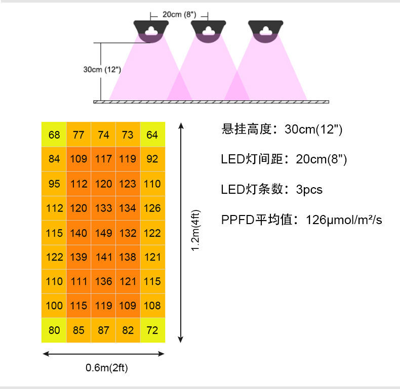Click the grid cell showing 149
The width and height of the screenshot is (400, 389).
(103, 233)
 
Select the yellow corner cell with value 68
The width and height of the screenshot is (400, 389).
(54, 135)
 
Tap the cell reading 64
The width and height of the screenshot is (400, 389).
(152, 135)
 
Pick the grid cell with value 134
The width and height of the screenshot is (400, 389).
(128, 208)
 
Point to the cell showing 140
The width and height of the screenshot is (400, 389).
(79, 233)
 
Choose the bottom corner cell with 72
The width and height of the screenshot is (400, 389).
(152, 330)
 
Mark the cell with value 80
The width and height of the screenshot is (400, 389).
(54, 330)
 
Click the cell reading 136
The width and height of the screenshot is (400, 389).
(103, 281)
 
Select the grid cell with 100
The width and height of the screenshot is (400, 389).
(54, 306)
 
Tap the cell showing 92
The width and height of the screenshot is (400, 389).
(152, 159)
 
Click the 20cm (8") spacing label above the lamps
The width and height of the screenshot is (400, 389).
(179, 14)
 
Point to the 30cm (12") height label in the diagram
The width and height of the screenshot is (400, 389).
(102, 69)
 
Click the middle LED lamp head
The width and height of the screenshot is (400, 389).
(208, 30)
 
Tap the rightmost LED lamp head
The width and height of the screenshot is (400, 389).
(265, 30)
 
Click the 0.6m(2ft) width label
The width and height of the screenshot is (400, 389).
(106, 368)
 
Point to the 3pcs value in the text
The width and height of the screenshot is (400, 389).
(309, 190)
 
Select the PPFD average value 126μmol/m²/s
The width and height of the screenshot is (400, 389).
(344, 221)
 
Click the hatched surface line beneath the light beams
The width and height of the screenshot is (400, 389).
(211, 102)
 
